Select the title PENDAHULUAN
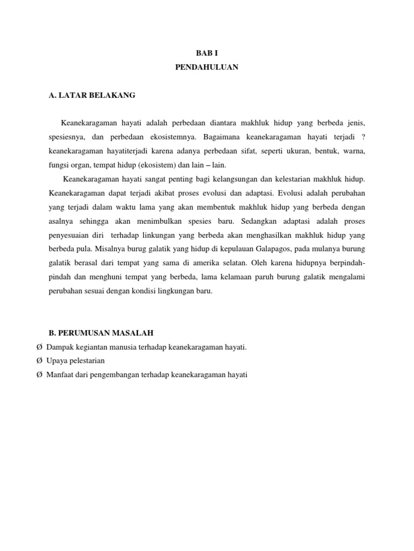[x=206, y=67]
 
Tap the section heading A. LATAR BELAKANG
[x=92, y=96]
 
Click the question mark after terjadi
[x=363, y=137]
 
